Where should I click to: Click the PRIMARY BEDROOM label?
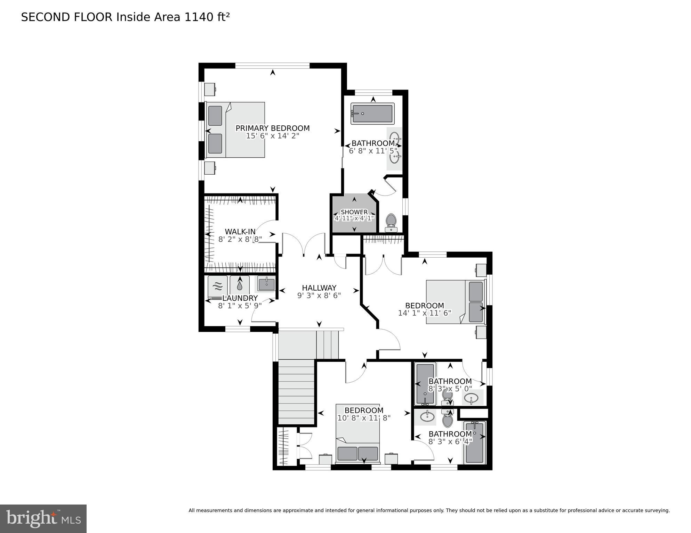tap(272, 128)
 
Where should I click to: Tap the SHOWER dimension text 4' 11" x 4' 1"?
tap(354, 218)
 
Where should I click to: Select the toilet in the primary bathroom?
tap(391, 223)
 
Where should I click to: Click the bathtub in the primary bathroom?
tap(372, 114)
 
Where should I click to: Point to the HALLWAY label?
tap(319, 288)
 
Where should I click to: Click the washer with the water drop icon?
tap(240, 286)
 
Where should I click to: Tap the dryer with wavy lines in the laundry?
tap(218, 286)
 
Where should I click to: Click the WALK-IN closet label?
tap(240, 232)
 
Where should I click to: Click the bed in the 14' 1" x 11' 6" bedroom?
tap(455, 302)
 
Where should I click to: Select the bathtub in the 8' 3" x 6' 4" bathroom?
tap(474, 442)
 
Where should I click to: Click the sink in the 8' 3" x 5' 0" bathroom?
tap(471, 398)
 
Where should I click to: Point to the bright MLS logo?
tap(43, 519)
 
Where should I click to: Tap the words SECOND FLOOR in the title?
tap(67, 17)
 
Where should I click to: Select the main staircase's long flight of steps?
tap(296, 392)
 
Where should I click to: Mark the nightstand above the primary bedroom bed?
tap(210, 89)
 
